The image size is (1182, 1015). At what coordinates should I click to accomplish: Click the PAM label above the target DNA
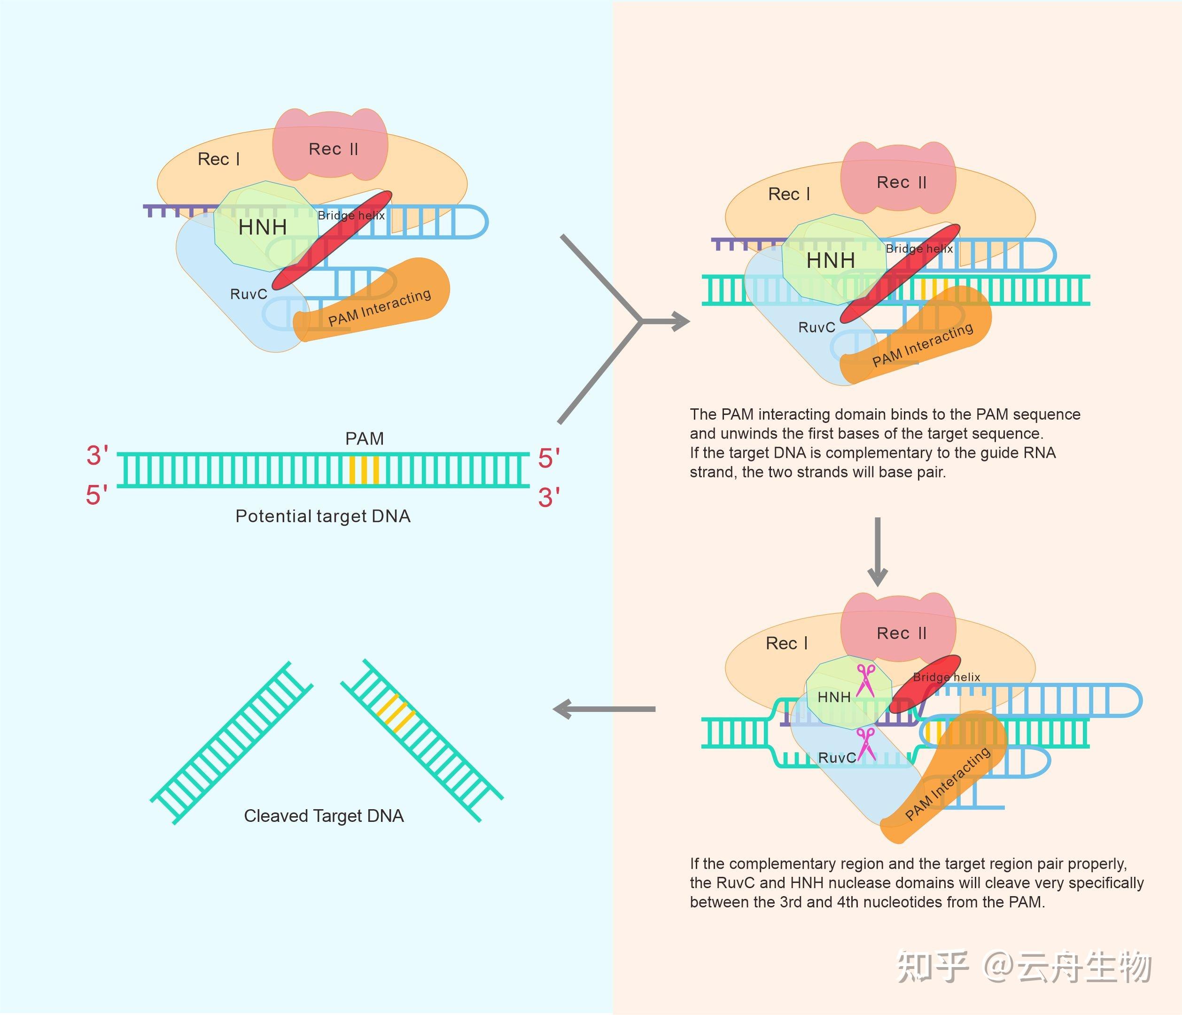pos(365,439)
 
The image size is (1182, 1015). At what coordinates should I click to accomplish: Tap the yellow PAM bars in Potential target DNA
pos(364,470)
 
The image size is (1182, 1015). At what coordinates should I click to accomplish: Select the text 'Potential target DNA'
pos(323,516)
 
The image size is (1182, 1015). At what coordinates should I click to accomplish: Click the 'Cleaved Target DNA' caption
pos(323,816)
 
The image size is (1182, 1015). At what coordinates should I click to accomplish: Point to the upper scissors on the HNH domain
pos(865,680)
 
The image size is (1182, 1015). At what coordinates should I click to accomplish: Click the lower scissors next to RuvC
pos(866,744)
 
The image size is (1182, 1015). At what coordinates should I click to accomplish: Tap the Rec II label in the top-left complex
pos(333,149)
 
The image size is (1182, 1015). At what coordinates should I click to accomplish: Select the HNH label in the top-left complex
pos(263,227)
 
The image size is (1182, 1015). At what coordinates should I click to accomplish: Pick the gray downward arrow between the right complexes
pos(878,551)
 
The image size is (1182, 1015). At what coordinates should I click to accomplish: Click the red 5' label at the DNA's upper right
pos(549,459)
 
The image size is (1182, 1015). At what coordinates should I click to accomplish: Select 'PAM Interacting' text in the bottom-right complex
pos(948,783)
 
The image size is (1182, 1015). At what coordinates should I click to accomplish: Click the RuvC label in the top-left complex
pos(248,295)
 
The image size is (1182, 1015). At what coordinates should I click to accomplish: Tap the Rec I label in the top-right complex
pos(789,195)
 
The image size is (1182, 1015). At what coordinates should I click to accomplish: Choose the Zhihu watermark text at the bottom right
pos(1024,967)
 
